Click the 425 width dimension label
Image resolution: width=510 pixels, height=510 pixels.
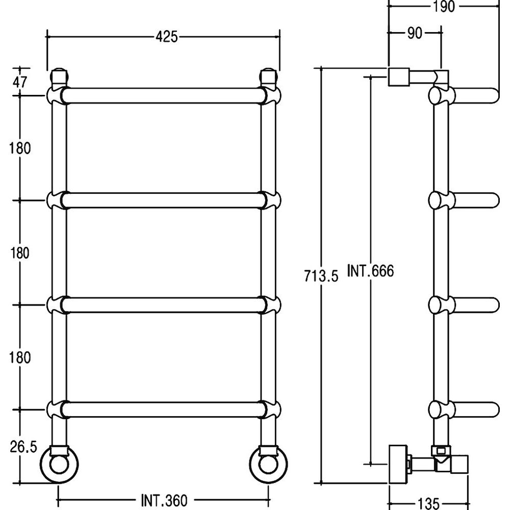[167, 37]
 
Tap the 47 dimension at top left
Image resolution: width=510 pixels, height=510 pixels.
[20, 82]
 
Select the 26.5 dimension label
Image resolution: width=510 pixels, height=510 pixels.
[23, 447]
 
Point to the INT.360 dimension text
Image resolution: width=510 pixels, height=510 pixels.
[164, 500]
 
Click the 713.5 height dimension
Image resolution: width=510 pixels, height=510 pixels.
[321, 276]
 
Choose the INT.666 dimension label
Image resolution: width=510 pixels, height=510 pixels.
[370, 271]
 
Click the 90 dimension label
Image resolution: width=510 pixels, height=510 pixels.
[415, 33]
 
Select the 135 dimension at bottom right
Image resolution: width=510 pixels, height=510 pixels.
[428, 503]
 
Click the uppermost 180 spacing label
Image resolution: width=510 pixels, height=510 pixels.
[20, 148]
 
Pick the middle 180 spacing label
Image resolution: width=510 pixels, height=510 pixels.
[20, 253]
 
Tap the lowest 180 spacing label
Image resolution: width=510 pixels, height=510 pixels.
[20, 358]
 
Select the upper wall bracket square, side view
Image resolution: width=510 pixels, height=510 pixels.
[399, 77]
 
